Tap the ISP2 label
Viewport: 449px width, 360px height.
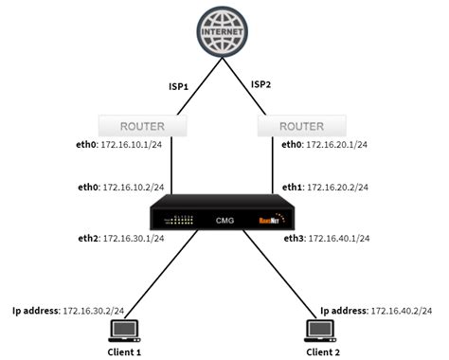[262, 84]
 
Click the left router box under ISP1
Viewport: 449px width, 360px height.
[142, 124]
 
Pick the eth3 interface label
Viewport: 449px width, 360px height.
[294, 238]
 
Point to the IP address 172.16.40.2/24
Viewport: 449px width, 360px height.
[402, 310]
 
